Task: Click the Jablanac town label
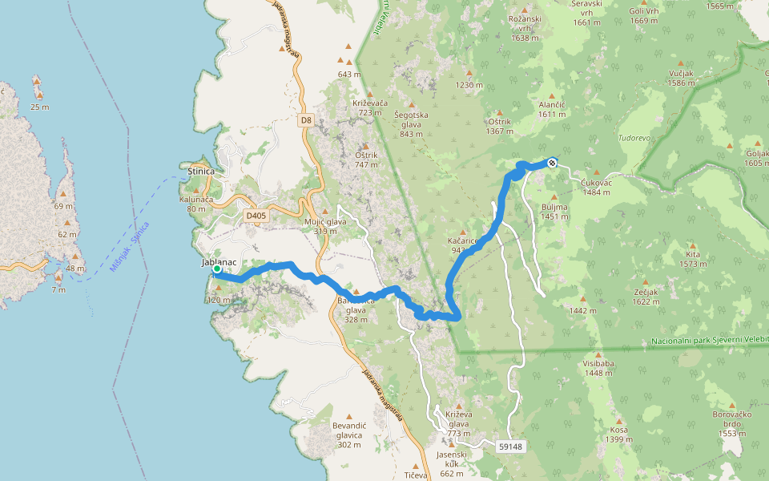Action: point(216,262)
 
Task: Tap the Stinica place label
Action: point(199,172)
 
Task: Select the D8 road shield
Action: point(305,120)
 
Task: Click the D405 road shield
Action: point(256,216)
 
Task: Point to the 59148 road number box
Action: point(510,446)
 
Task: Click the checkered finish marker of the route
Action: point(552,164)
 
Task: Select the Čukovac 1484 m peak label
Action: point(598,188)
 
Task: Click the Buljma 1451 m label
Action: point(554,212)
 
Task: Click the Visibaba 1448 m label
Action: point(598,367)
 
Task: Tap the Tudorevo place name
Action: point(635,138)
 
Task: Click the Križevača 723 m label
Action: point(369,108)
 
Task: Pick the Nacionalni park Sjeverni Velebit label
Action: point(709,342)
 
